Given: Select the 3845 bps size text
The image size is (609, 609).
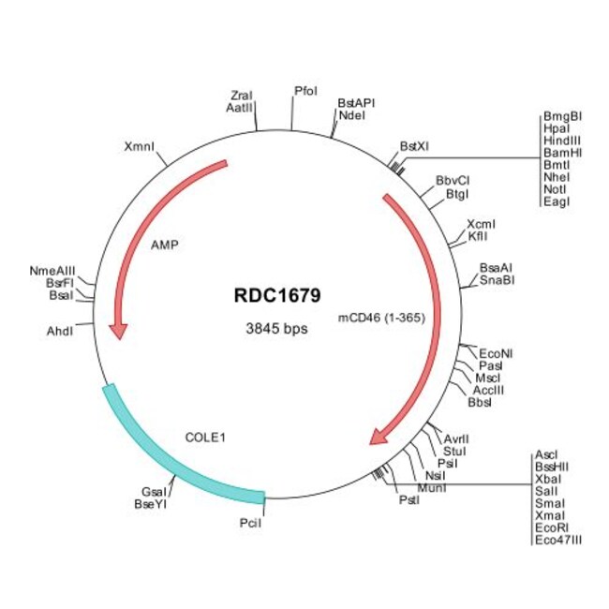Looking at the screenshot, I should [x=276, y=329].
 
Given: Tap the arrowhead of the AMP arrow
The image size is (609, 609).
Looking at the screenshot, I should [x=118, y=330].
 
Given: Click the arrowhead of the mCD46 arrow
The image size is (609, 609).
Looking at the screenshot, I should [x=380, y=435].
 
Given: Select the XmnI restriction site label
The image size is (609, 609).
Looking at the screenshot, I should [x=140, y=147].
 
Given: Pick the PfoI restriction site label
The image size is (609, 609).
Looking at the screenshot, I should [x=305, y=91].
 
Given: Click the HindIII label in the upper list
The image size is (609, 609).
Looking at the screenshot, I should [x=562, y=140].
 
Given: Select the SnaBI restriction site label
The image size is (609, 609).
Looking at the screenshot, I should [x=497, y=279].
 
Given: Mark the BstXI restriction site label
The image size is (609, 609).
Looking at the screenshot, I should [x=414, y=146].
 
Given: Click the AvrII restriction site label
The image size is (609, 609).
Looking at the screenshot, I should [x=456, y=438].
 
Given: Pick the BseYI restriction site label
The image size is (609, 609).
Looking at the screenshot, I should [x=151, y=504].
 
